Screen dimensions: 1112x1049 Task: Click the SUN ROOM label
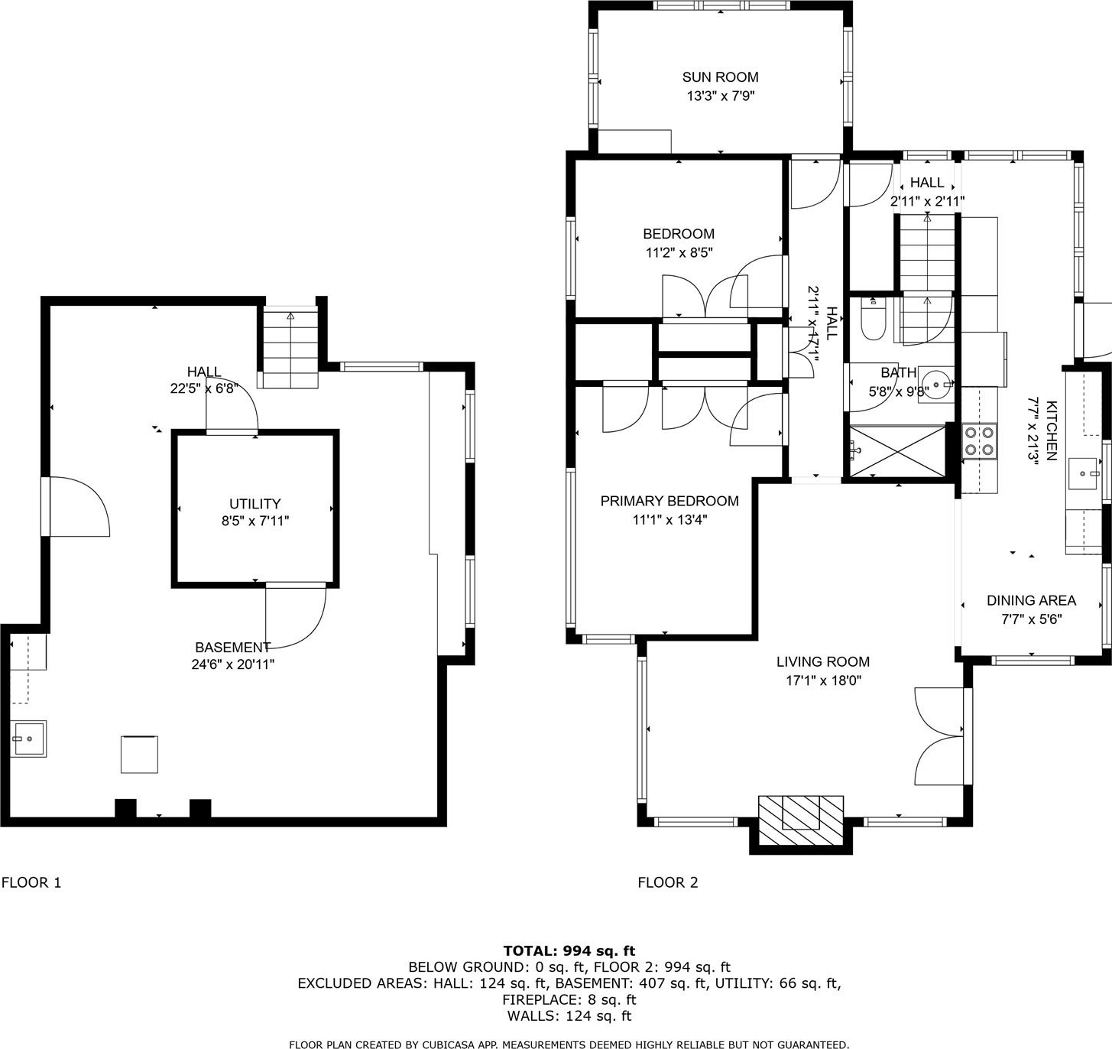pos(720,76)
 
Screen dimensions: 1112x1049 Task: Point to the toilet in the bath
pos(873,320)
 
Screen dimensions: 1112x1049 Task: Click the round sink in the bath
pos(935,385)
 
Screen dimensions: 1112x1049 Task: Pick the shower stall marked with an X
pos(897,451)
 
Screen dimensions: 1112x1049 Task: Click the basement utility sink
pos(28,739)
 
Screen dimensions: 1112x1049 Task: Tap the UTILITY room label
pos(254,503)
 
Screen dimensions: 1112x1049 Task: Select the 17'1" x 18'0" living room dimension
pos(823,680)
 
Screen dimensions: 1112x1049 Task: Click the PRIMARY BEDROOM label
pos(669,501)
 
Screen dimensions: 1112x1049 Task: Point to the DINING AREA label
pos(1032,601)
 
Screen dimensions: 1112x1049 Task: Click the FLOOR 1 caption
pos(31,882)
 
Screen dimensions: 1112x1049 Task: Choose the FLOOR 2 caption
pos(668,882)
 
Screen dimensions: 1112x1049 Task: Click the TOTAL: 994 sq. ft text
pos(569,951)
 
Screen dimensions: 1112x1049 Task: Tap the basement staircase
pos(290,348)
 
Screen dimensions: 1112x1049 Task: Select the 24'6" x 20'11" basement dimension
pos(233,664)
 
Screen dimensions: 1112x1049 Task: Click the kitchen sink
pos(1083,473)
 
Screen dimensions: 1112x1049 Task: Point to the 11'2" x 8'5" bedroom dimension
pos(679,253)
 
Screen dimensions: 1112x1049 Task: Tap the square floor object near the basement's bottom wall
pos(139,754)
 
